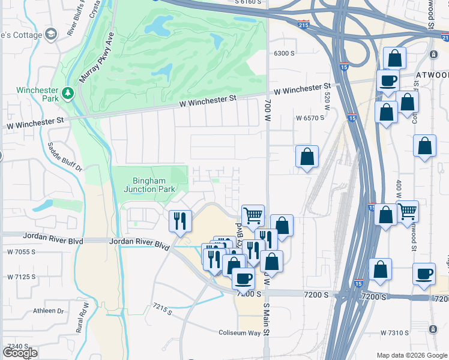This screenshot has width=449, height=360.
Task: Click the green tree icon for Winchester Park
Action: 68,92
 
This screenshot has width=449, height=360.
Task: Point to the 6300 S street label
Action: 284,53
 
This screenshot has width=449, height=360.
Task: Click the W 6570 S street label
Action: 310,118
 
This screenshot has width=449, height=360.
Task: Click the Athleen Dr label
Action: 48,311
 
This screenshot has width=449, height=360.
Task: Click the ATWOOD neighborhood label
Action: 432,75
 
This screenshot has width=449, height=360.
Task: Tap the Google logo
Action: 20,353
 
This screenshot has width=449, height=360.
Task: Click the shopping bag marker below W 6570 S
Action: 307,157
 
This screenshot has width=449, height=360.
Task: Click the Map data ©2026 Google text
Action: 411,355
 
